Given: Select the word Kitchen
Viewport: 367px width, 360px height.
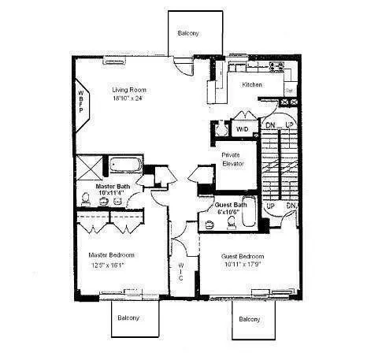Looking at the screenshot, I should (x=252, y=84).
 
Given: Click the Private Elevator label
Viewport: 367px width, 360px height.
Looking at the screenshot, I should (x=231, y=161).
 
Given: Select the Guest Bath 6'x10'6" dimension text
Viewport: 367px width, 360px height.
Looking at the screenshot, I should (x=232, y=213).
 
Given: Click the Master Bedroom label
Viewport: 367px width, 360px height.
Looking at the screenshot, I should (x=111, y=255).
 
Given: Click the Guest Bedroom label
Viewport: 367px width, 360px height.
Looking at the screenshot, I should (x=243, y=257).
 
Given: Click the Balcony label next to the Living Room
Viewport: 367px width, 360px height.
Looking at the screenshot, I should (x=188, y=33).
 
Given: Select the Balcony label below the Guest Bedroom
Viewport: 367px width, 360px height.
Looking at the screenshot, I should (x=251, y=319).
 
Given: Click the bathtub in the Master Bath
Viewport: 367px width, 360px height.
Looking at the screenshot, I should (x=124, y=166).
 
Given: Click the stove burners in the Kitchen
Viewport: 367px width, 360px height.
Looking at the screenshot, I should (x=278, y=68).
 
